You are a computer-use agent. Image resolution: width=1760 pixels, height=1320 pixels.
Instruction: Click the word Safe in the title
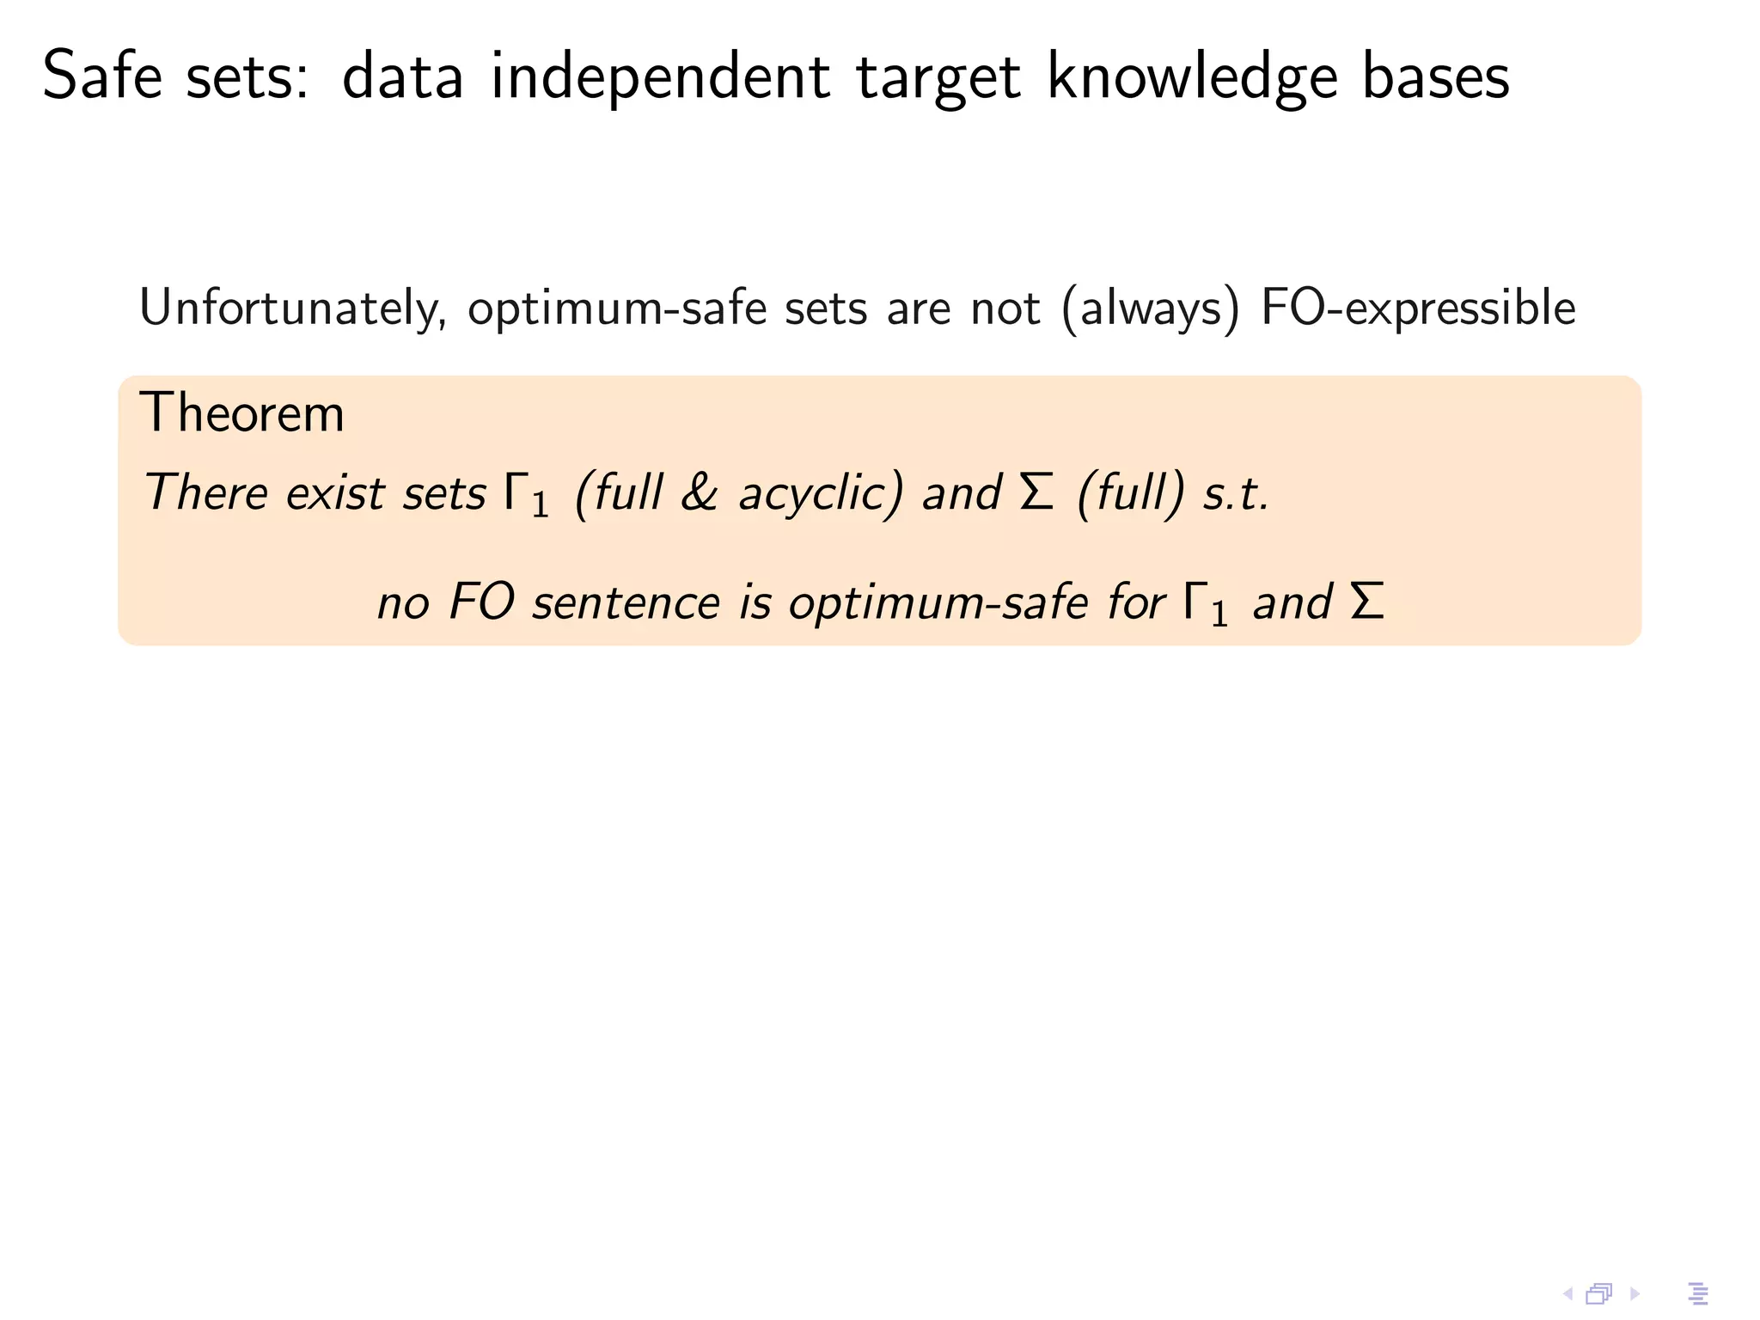pyautogui.click(x=102, y=77)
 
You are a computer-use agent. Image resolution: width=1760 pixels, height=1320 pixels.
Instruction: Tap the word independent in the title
pyautogui.click(x=660, y=77)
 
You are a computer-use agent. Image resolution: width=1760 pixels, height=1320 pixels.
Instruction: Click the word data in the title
pyautogui.click(x=402, y=77)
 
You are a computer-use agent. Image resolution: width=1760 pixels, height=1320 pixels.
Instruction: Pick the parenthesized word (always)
pyautogui.click(x=1152, y=309)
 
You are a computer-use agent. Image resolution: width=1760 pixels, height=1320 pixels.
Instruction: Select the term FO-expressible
pyautogui.click(x=1418, y=309)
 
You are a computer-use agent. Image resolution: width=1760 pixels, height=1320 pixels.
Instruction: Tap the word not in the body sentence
pyautogui.click(x=1005, y=309)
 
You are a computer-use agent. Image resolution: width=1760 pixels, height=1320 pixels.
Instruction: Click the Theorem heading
pyautogui.click(x=241, y=413)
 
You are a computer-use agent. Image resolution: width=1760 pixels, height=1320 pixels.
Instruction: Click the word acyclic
pyautogui.click(x=821, y=494)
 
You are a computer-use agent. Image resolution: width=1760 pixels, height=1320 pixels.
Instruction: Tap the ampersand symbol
pyautogui.click(x=699, y=493)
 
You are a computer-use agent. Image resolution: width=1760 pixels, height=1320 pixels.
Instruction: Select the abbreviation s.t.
pyautogui.click(x=1235, y=493)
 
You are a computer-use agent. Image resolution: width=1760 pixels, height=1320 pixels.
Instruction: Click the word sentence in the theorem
pyautogui.click(x=626, y=602)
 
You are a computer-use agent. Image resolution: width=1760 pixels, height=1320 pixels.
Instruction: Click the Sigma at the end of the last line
pyautogui.click(x=1367, y=601)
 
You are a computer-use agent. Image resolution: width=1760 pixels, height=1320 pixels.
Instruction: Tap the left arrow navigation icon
pyautogui.click(x=1567, y=1293)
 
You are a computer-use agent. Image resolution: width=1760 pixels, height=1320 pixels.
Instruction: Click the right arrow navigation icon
pyautogui.click(x=1635, y=1293)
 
